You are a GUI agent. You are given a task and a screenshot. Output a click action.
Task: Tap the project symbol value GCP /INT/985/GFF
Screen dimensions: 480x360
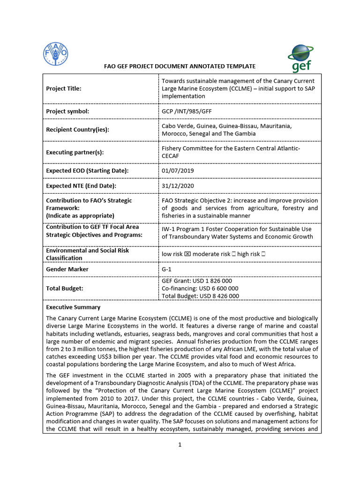click(187, 112)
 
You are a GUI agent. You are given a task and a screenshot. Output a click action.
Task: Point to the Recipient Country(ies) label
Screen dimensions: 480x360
click(77, 129)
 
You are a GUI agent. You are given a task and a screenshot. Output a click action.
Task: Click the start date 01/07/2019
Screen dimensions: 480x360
click(178, 171)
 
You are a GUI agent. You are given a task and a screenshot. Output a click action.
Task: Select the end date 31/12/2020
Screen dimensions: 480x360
click(178, 186)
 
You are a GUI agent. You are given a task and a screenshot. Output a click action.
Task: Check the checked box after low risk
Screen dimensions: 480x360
click(187, 254)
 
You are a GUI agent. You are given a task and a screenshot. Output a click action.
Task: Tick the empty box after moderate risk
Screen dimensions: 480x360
click(233, 254)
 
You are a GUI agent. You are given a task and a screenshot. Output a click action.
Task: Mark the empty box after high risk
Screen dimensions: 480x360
click(264, 254)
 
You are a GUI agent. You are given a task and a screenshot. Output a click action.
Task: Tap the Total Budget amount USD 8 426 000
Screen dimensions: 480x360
click(220, 296)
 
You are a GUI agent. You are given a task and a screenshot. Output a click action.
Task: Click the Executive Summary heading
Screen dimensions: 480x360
click(73, 307)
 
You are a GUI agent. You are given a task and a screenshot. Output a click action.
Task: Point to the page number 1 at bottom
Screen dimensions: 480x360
click(180, 445)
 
